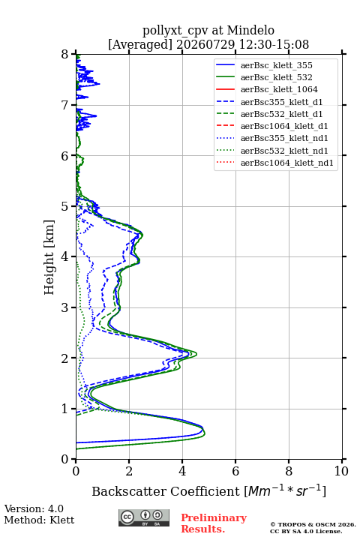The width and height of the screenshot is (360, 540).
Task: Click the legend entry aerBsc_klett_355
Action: tap(276, 65)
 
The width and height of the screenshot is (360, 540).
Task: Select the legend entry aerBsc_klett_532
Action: tap(276, 77)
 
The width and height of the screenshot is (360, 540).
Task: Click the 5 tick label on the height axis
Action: tap(65, 206)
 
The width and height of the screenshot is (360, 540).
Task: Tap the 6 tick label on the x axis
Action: tap(235, 471)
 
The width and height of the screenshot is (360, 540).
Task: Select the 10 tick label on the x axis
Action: tap(341, 471)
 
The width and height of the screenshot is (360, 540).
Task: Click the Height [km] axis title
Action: tap(49, 257)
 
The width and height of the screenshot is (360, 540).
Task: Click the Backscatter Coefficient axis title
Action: tap(208, 491)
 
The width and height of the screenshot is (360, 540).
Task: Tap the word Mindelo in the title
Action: tap(250, 30)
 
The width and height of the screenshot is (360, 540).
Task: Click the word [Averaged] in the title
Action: tap(140, 44)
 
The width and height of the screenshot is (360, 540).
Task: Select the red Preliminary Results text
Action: tap(214, 523)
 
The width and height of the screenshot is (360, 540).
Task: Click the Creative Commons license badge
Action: tap(144, 517)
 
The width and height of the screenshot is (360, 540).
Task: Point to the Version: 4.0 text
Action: tap(34, 508)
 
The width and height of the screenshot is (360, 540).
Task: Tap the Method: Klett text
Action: tap(39, 520)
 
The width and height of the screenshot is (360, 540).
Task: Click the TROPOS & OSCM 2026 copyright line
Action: tap(313, 524)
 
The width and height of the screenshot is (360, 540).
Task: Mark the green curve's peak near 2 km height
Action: tap(196, 354)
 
